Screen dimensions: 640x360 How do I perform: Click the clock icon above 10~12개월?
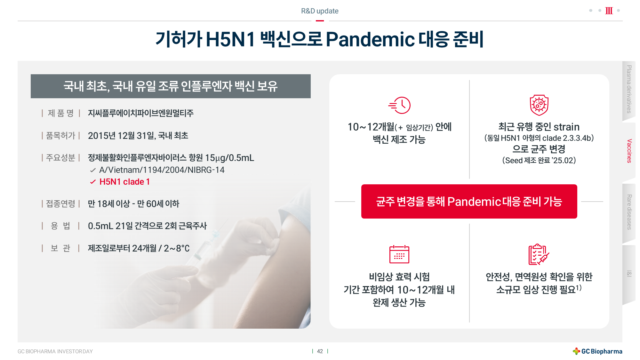(399, 105)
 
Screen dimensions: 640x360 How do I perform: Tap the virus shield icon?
(539, 105)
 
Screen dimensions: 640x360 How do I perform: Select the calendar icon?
(399, 254)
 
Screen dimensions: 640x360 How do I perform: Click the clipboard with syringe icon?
(539, 254)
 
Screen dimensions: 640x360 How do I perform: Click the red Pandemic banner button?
(469, 201)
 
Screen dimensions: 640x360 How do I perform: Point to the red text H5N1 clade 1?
(124, 182)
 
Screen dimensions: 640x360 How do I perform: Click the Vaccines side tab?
(629, 151)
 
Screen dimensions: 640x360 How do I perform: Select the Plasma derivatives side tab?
(629, 90)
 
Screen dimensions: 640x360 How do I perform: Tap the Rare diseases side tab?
(629, 212)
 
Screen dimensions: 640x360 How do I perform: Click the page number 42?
(320, 351)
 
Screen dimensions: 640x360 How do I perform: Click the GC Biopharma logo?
(597, 351)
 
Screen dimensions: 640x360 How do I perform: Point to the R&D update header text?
(320, 11)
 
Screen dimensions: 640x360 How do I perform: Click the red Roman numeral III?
(609, 11)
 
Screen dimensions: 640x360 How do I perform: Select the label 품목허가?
(61, 136)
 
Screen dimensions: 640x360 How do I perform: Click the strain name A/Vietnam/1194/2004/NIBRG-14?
(162, 170)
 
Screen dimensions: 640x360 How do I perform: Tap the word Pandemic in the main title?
(370, 39)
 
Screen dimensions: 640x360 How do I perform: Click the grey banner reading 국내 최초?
(171, 86)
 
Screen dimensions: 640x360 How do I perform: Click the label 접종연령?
(61, 204)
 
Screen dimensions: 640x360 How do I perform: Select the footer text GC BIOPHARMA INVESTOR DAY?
(55, 351)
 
